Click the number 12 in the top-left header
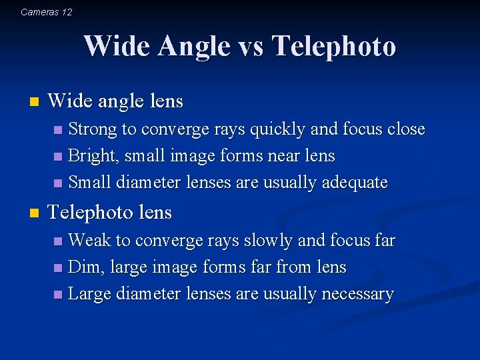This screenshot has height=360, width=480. (66, 12)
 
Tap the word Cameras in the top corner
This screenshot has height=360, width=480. (39, 12)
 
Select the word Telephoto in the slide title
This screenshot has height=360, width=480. (335, 47)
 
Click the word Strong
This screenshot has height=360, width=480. (93, 129)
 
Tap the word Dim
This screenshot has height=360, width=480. (83, 267)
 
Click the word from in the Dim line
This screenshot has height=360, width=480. (293, 267)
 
